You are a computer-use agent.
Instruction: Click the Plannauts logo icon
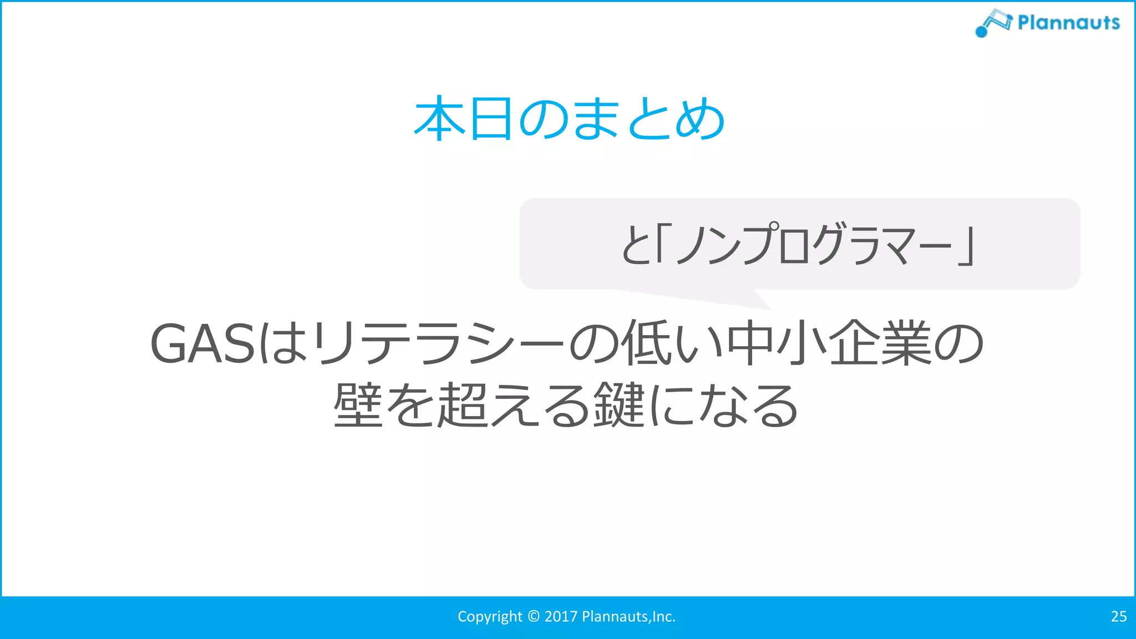tap(993, 23)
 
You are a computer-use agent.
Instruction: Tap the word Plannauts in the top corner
tap(1068, 23)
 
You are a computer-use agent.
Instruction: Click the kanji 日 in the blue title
tap(490, 118)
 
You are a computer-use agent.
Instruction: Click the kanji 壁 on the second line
tap(358, 405)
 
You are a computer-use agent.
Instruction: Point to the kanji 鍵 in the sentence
tap(619, 405)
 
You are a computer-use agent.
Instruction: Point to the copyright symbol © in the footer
tap(534, 616)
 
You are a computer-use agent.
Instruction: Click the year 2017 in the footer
tap(561, 616)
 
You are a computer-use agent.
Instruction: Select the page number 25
tap(1118, 616)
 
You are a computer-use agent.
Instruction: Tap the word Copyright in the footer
tap(489, 616)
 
